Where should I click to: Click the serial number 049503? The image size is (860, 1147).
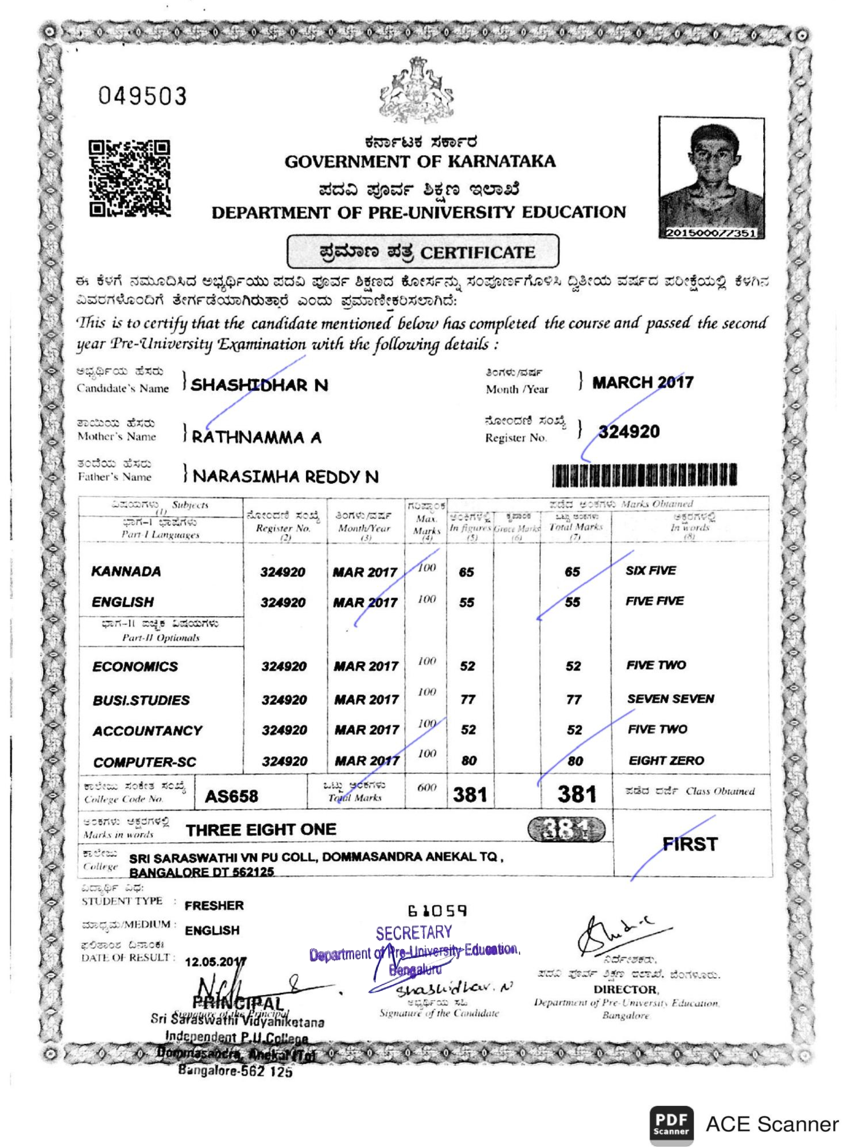[x=143, y=96]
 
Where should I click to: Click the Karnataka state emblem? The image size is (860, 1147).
[x=416, y=90]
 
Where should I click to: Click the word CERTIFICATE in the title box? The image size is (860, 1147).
[x=477, y=253]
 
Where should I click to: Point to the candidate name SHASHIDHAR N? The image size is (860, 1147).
[x=259, y=385]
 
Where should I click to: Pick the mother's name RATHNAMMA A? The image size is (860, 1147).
[x=256, y=437]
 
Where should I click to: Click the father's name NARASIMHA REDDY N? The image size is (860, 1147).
[x=286, y=476]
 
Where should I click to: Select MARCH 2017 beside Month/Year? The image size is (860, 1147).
[x=643, y=383]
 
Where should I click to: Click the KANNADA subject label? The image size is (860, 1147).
[x=126, y=572]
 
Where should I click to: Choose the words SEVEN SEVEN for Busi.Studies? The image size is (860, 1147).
[x=670, y=699]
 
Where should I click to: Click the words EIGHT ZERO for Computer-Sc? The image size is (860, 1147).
[x=666, y=761]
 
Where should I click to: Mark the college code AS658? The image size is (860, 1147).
[x=231, y=796]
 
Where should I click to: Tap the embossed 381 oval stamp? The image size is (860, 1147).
[x=566, y=830]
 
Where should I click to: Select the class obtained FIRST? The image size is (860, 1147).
[x=690, y=844]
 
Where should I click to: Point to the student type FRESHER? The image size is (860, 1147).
[x=214, y=905]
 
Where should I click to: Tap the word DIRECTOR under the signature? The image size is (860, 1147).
[x=626, y=989]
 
